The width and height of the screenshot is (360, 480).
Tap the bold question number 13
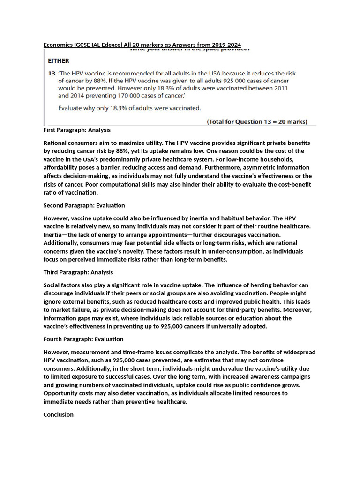click(x=52, y=74)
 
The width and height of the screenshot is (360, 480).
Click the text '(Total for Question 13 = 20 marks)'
click(x=257, y=122)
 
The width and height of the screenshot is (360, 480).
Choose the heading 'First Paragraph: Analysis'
click(x=77, y=130)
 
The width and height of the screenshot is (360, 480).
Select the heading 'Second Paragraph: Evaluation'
click(x=84, y=205)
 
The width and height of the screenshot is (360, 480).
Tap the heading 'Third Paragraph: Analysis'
click(x=78, y=272)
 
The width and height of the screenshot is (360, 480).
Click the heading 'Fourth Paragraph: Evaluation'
click(x=83, y=339)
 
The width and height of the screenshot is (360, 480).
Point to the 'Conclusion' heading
click(x=59, y=415)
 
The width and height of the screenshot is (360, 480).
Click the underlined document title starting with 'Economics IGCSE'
click(x=142, y=45)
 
